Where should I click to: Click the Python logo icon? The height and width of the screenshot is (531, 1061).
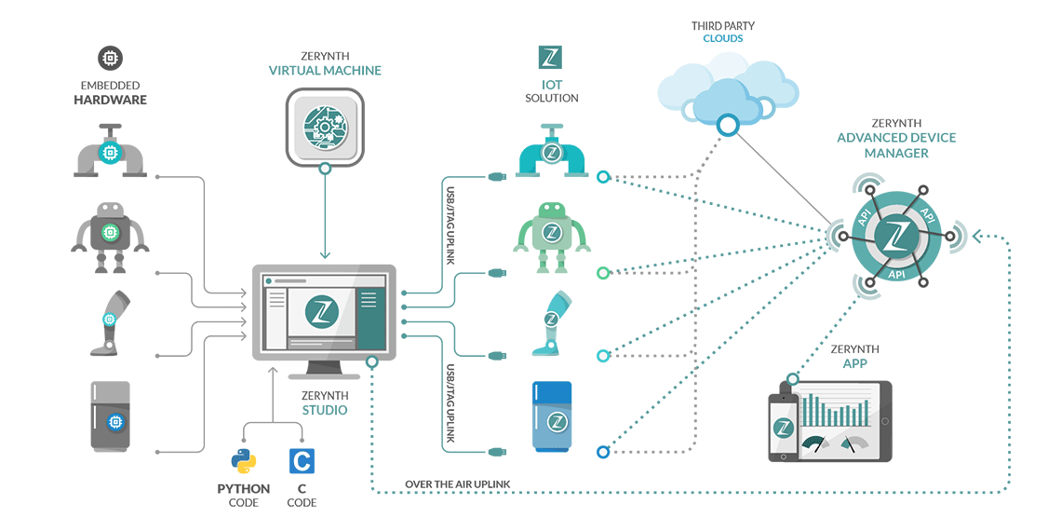[x=243, y=461]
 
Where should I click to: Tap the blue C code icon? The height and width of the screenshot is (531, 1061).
[x=301, y=461]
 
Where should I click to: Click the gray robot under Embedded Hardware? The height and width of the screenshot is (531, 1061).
[x=110, y=238]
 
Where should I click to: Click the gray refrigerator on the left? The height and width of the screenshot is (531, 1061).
[x=110, y=417]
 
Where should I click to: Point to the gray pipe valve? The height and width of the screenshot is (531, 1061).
[x=111, y=152]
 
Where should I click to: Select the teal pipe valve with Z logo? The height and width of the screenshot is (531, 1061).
[x=551, y=151]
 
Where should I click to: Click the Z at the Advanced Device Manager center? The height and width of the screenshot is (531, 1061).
[x=898, y=237]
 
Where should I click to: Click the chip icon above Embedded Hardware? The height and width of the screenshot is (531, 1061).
[x=111, y=59]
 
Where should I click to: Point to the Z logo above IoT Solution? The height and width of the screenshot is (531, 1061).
[x=550, y=57]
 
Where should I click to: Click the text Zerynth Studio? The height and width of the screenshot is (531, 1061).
[x=324, y=402]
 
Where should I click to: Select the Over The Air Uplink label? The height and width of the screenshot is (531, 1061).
[x=456, y=484]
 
